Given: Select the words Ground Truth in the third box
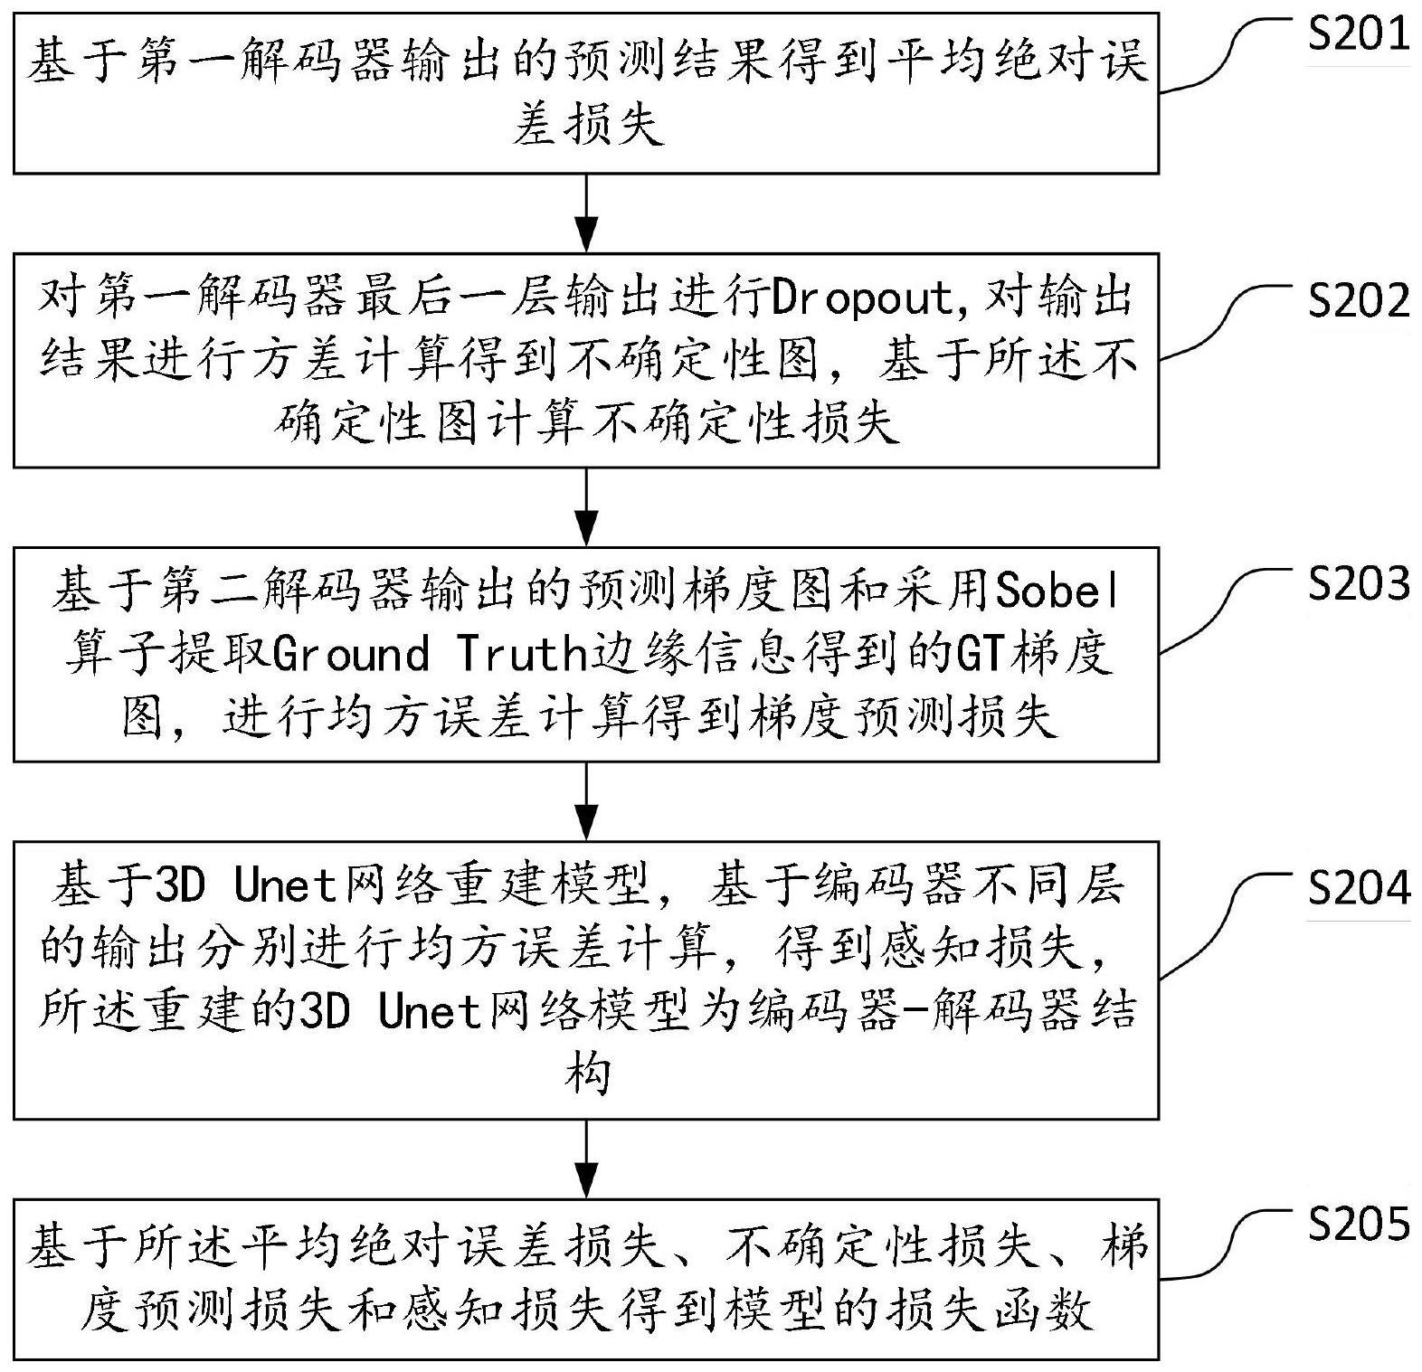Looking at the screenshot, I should pyautogui.click(x=431, y=653).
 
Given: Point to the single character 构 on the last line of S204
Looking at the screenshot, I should pyautogui.click(x=586, y=1074).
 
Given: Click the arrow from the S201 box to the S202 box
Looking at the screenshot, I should pyautogui.click(x=587, y=212).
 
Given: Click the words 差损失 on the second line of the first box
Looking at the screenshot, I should pyautogui.click(x=588, y=124).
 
